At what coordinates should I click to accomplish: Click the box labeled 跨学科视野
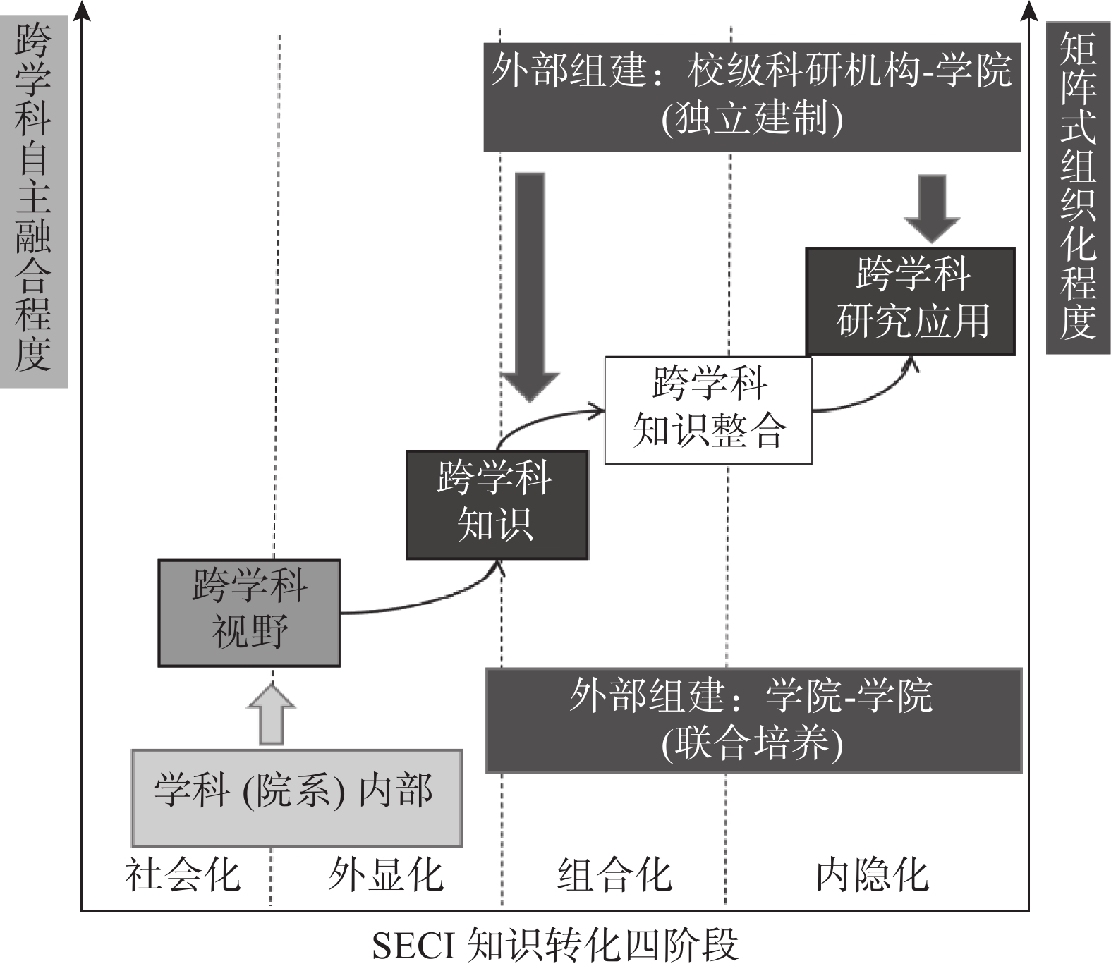click(249, 613)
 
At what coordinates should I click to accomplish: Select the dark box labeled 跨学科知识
click(497, 505)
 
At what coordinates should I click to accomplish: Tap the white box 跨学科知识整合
click(708, 410)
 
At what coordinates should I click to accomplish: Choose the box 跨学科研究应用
click(910, 301)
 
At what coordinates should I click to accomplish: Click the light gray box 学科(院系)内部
click(296, 798)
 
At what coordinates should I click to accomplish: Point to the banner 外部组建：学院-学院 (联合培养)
click(753, 720)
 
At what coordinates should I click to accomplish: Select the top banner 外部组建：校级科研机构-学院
click(752, 97)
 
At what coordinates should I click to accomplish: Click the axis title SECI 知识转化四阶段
click(555, 946)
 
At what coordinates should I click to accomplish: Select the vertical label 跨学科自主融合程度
click(33, 197)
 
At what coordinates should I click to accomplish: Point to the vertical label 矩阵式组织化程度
click(1077, 187)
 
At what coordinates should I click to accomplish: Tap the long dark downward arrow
click(530, 282)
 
